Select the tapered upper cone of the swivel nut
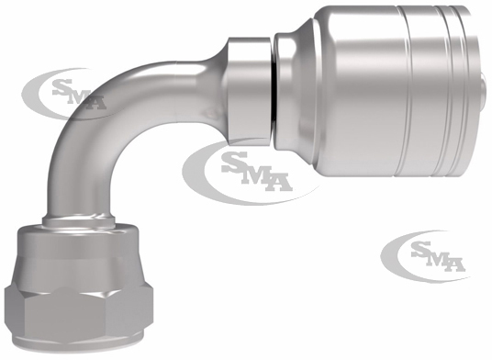click(x=79, y=242)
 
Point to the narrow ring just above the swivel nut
click(x=78, y=220)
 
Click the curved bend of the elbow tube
click(x=104, y=104)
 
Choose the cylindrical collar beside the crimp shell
click(x=250, y=91)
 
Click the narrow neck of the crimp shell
click(x=285, y=91)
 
